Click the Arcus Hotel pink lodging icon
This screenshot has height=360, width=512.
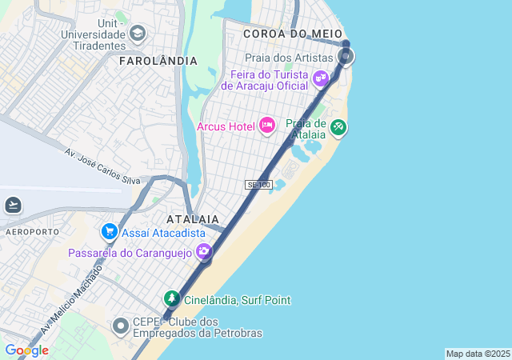point(267,126)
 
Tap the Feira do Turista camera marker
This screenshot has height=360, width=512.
point(321,78)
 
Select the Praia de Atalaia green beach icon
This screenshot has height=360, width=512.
point(338,126)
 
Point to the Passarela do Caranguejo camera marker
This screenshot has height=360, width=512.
point(204,252)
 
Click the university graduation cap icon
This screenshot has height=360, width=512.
point(138,34)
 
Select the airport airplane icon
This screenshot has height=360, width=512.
point(13,205)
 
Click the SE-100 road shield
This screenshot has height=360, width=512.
point(258,185)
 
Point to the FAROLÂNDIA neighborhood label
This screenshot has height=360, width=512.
point(158,61)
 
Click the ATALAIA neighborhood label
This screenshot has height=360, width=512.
point(192,218)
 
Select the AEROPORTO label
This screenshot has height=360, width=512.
point(32,231)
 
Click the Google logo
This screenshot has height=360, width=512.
point(26,350)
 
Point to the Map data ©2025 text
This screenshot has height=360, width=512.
point(478,354)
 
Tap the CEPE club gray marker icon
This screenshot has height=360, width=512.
point(121,326)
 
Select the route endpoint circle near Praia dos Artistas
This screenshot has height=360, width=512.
point(346,56)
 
